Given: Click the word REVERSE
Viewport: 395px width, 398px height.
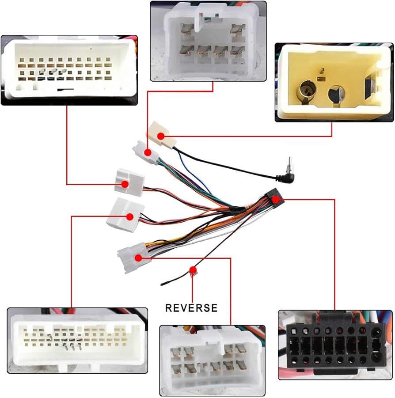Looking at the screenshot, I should (191, 308).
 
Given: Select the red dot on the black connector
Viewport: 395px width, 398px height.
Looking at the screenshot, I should (276, 200).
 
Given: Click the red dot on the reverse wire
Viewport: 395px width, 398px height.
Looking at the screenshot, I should (193, 269).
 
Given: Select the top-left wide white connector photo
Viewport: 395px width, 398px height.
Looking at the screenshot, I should (69, 70).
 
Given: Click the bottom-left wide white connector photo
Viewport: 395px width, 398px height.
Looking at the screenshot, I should (77, 341).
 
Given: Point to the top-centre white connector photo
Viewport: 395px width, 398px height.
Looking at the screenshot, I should (208, 41).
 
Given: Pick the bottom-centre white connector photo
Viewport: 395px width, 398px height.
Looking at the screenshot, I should (212, 360).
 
